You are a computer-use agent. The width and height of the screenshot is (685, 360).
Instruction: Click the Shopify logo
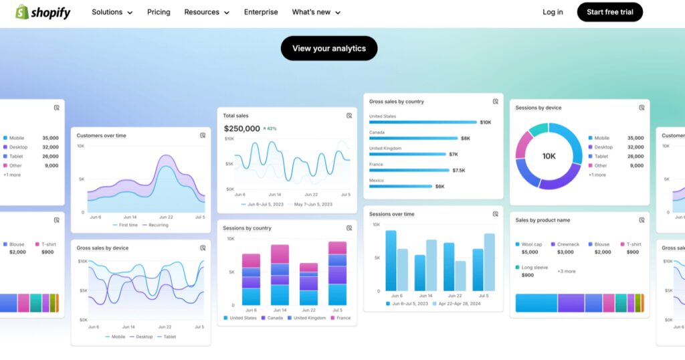43,12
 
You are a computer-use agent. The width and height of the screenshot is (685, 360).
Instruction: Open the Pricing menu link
159,12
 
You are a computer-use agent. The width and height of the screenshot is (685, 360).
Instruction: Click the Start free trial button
609,12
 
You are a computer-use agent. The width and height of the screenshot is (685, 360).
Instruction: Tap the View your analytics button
328,48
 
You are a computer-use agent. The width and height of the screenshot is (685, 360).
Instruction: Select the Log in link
553,12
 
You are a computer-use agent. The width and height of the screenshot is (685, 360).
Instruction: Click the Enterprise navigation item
261,12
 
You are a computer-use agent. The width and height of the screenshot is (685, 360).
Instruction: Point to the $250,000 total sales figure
241,128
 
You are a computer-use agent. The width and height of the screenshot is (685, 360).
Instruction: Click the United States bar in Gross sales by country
423,122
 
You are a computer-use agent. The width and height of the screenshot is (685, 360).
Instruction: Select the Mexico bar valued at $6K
400,187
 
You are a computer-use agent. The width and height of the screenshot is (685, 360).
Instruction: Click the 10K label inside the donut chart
549,156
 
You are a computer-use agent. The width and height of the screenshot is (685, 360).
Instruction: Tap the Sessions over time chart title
391,214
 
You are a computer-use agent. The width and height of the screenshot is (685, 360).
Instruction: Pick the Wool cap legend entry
531,244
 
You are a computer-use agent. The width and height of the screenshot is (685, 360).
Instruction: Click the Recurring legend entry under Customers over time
155,225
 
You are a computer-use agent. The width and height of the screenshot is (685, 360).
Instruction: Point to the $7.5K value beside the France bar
458,171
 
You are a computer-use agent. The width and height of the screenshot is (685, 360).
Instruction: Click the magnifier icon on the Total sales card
349,116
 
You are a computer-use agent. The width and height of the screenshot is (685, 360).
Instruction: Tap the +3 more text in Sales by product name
566,271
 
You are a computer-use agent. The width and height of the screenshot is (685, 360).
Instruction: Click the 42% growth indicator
270,128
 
